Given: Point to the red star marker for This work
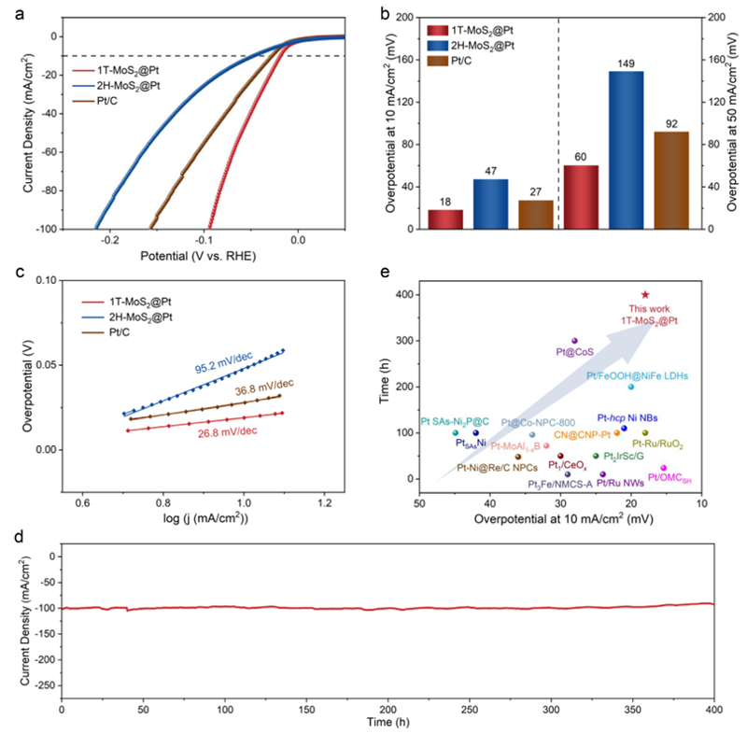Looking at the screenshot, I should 644,295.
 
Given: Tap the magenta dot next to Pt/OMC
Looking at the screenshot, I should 663,468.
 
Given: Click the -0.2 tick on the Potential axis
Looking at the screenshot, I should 111,240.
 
